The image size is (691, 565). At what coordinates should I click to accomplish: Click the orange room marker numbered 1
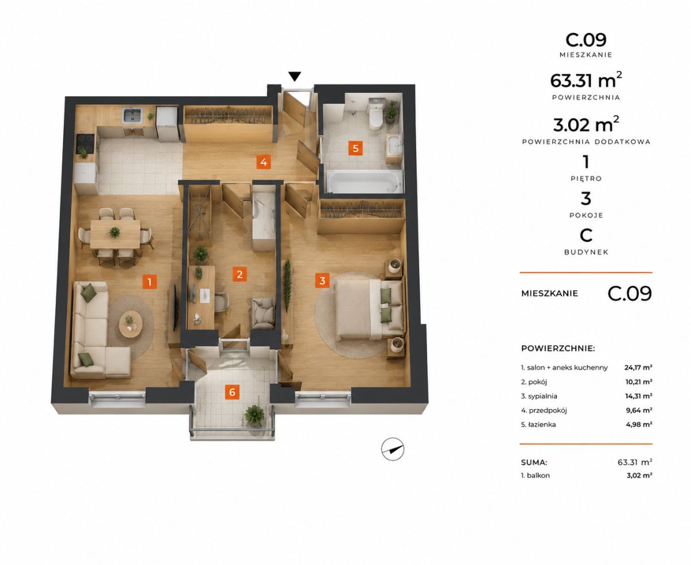(149, 282)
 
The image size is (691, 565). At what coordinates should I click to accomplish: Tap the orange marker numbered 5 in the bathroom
(355, 148)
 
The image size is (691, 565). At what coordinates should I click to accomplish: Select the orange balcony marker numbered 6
(232, 392)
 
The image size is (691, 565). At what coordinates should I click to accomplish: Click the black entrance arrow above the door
(295, 77)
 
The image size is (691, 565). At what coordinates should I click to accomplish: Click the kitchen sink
(132, 115)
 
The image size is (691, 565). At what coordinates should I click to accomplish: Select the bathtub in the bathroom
(365, 181)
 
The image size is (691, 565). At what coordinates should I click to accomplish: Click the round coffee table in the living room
(131, 324)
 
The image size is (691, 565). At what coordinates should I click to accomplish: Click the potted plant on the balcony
(255, 415)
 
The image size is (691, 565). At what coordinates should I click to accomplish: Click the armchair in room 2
(263, 313)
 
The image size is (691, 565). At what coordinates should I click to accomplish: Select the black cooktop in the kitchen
(85, 144)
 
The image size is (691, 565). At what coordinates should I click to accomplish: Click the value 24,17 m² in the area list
(638, 367)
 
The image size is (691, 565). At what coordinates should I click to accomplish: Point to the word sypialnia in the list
(542, 396)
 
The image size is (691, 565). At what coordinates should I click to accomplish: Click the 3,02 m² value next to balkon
(639, 475)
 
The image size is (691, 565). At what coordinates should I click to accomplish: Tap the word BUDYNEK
(586, 252)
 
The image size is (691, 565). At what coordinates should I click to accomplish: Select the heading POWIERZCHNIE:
(558, 348)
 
